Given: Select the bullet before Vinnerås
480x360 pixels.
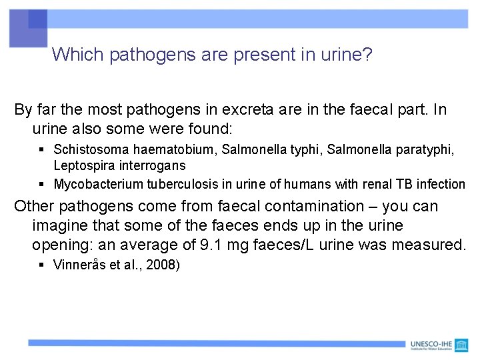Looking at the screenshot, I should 41,265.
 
